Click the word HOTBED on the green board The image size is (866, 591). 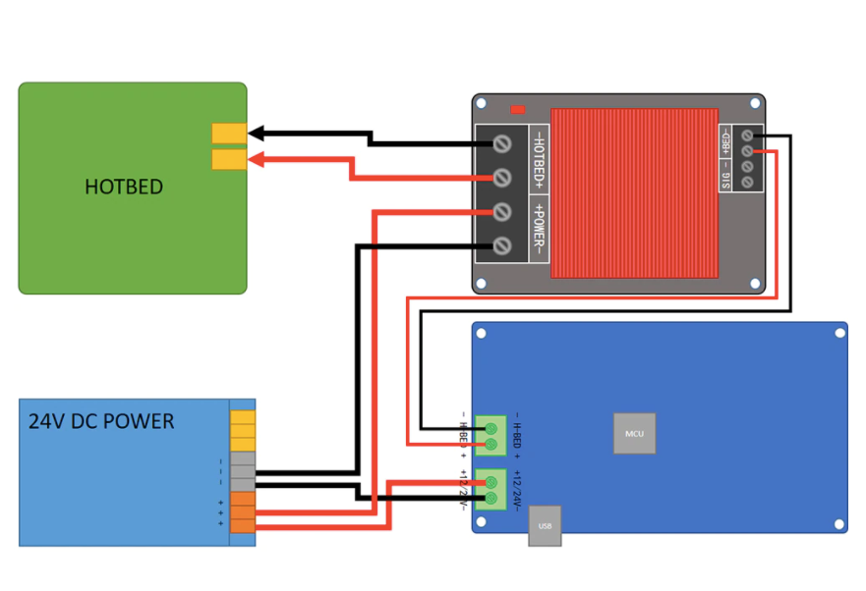coord(123,188)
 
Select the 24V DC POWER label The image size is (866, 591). coord(101,422)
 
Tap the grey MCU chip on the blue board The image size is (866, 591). coord(634,433)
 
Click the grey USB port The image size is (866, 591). coord(545,526)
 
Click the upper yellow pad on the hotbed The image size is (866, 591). coord(229,134)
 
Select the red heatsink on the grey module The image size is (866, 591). coord(634,193)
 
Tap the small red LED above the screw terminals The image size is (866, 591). coord(518,109)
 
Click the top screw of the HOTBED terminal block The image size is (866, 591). coord(502,144)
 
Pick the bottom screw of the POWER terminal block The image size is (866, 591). coord(502,245)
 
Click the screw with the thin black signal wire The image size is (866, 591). coord(748,135)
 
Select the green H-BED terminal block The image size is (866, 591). coord(491,436)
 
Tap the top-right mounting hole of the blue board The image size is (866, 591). coord(838,333)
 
